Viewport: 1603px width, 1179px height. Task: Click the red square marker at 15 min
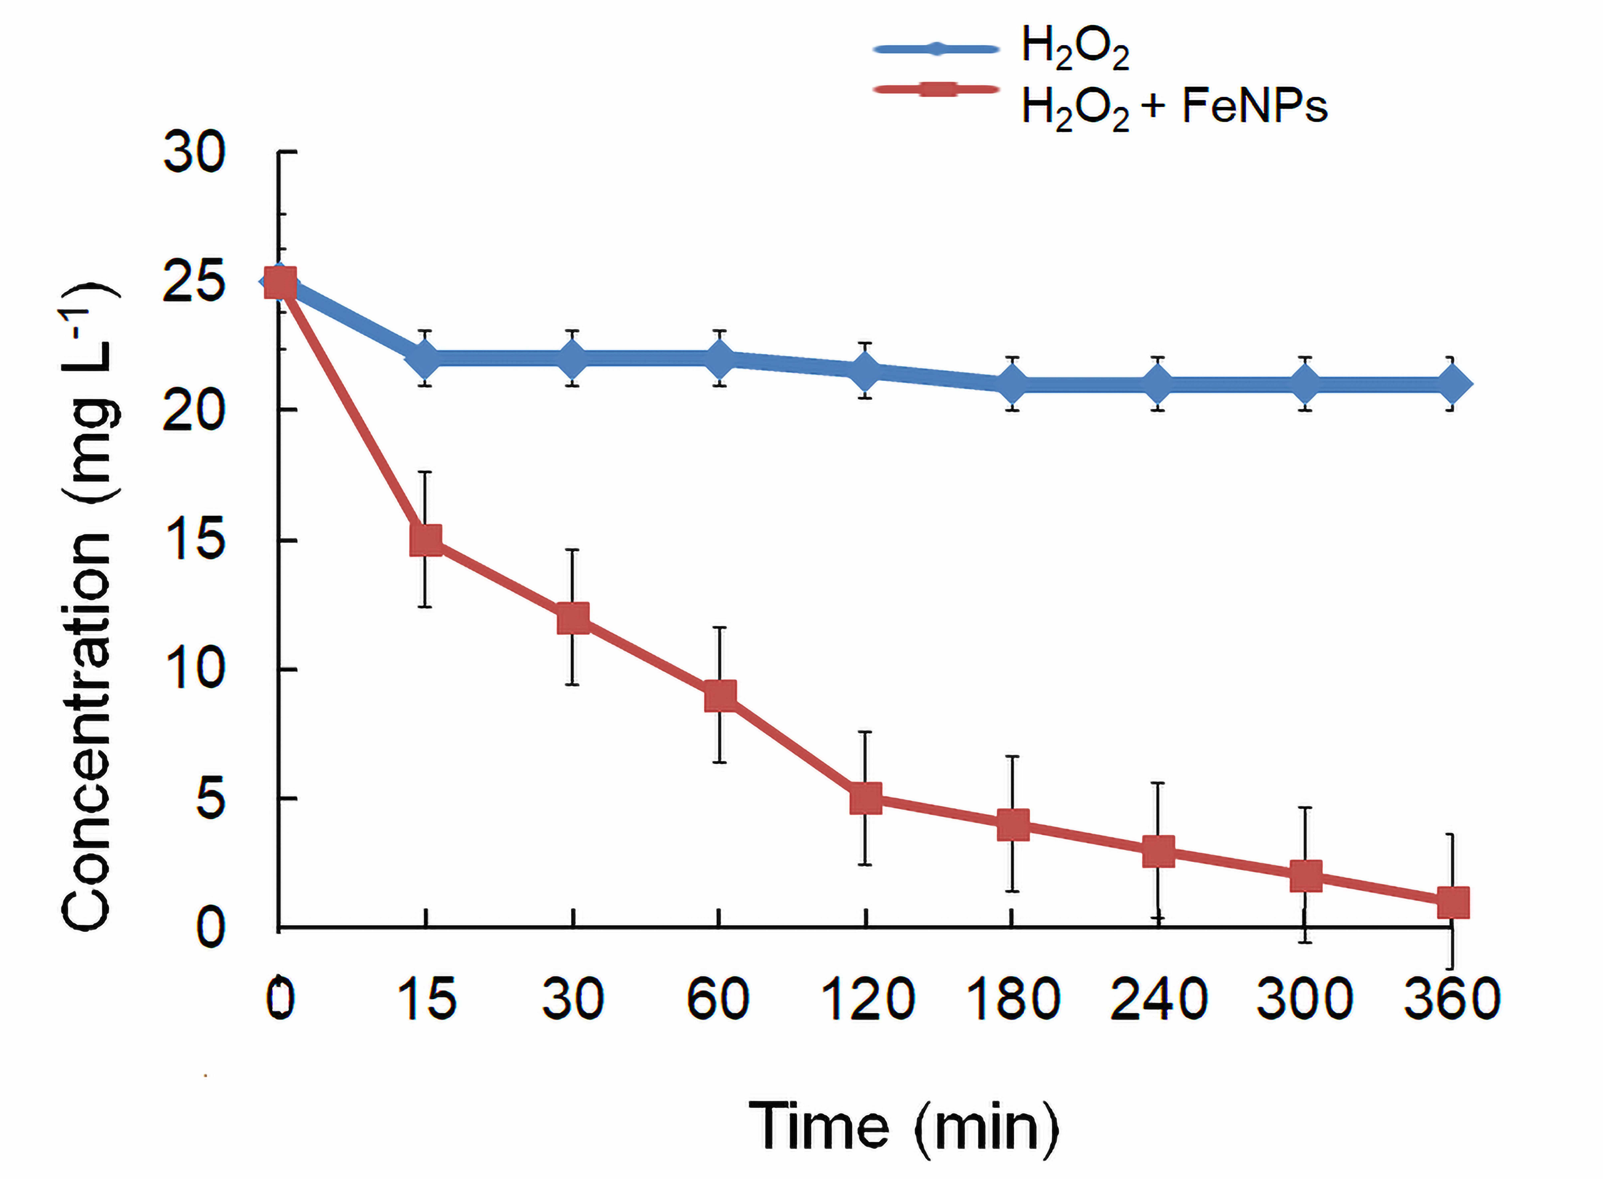click(x=426, y=540)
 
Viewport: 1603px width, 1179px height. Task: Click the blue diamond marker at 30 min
click(x=573, y=358)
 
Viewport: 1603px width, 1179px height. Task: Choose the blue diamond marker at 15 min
click(x=426, y=358)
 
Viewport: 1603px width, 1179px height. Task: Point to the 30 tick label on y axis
click(x=194, y=153)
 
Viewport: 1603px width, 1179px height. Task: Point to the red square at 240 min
click(x=1158, y=851)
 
